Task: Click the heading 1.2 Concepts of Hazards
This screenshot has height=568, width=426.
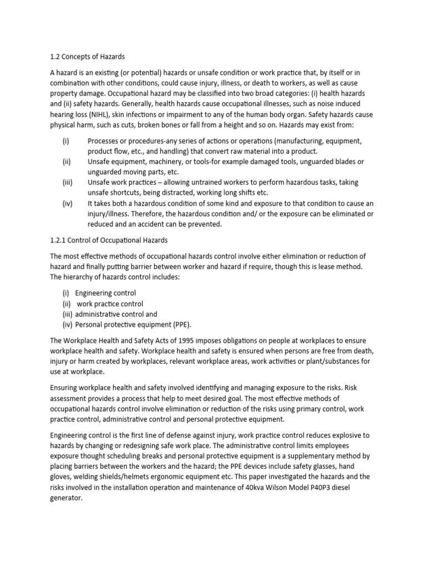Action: (x=87, y=57)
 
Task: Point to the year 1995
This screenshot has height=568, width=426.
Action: (x=187, y=340)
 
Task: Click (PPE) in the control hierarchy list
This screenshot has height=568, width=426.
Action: (x=184, y=324)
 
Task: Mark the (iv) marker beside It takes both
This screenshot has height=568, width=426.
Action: (x=67, y=204)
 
